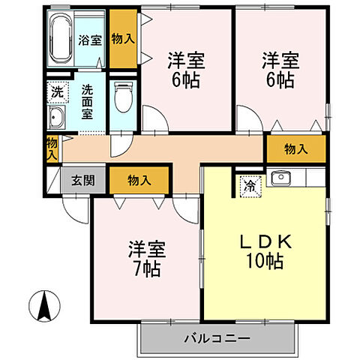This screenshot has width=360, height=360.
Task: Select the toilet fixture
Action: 122,97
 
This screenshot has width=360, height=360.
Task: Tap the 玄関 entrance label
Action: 83,180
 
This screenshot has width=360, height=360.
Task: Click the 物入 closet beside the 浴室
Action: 123,37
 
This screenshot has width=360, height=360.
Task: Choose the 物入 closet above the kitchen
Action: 296,149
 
